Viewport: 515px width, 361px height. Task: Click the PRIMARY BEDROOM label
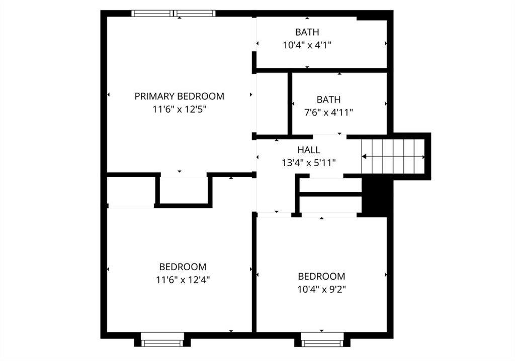180,96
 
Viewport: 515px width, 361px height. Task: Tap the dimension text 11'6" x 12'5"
180,109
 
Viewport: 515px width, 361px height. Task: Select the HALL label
309,150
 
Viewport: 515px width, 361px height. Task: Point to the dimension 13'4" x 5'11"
309,163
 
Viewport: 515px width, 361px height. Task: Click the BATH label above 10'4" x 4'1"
307,32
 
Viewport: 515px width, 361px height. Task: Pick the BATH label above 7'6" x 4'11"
328,100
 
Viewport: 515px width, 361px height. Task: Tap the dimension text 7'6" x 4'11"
328,112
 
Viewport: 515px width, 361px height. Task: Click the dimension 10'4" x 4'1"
307,45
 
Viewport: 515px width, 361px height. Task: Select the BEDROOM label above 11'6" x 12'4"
183,267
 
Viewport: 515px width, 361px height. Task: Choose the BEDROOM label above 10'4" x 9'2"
321,277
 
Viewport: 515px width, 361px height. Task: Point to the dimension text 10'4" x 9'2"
321,290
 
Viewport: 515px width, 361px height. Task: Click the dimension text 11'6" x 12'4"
183,280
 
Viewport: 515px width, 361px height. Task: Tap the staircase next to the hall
393,157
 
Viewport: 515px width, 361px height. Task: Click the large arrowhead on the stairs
364,157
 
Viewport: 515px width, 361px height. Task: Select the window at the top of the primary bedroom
174,14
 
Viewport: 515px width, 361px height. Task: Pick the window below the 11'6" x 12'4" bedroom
162,340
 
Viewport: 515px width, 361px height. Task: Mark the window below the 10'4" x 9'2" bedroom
322,340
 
